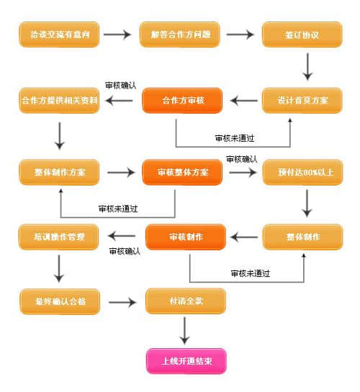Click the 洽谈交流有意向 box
pyautogui.click(x=59, y=34)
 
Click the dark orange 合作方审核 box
pyautogui.click(x=183, y=100)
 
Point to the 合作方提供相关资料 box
pyautogui.click(x=59, y=100)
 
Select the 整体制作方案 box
pyautogui.click(x=59, y=173)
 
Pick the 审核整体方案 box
pyautogui.click(x=183, y=173)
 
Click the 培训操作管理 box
pyautogui.click(x=59, y=237)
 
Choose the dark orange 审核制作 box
pyautogui.click(x=186, y=237)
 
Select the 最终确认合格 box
pyautogui.click(x=59, y=301)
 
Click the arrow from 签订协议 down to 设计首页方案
pyautogui.click(x=307, y=67)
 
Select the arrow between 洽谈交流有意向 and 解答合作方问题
pyautogui.click(x=120, y=34)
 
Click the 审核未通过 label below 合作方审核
pyautogui.click(x=233, y=137)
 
